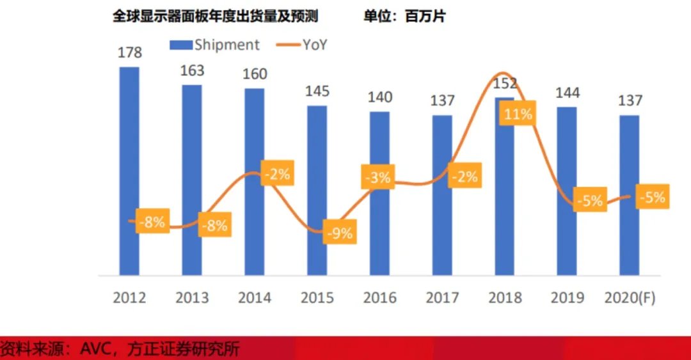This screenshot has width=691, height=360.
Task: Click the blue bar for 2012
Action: (129, 147)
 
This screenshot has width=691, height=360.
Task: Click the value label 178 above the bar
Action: (129, 52)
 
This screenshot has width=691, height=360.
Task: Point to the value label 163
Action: (192, 70)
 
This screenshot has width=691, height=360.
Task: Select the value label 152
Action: (505, 84)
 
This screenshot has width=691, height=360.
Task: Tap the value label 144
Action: (567, 93)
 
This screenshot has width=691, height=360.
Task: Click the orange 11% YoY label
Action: (518, 115)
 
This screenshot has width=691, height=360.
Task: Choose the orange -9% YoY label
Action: (338, 233)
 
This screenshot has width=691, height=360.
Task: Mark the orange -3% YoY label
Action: (379, 177)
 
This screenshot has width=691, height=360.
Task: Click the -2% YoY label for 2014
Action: (276, 173)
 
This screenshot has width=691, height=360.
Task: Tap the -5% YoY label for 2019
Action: (589, 201)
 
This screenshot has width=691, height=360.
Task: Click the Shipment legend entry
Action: (214, 45)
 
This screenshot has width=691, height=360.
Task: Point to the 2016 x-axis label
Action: (379, 298)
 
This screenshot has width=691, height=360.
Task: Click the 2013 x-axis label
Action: (192, 298)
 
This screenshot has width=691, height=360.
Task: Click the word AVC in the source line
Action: (94, 349)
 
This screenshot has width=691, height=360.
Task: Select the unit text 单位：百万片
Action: (404, 17)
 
